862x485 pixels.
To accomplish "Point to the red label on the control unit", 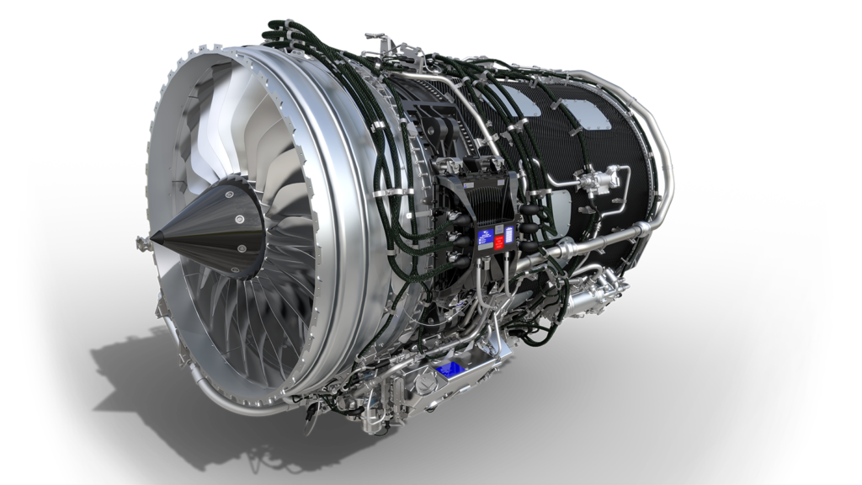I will (x=499, y=242).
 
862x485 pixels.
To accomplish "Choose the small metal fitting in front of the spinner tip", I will (x=140, y=244).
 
